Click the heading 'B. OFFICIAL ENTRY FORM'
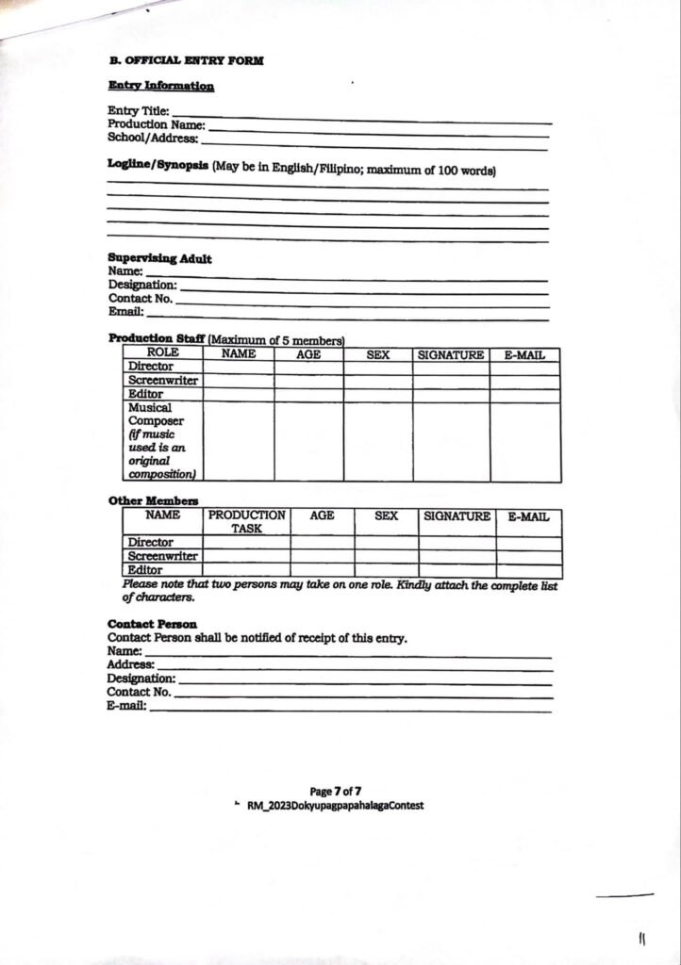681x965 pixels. tap(186, 60)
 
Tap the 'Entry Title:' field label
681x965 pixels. tap(138, 111)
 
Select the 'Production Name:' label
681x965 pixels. tap(156, 124)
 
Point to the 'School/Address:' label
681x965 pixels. tap(152, 138)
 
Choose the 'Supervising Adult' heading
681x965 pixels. tap(159, 258)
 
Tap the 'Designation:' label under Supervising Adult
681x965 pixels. tap(142, 285)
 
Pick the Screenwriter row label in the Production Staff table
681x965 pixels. tap(162, 381)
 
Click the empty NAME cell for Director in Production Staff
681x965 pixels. tap(238, 367)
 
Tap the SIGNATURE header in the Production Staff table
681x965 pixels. tap(451, 354)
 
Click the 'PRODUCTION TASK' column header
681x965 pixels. tap(246, 522)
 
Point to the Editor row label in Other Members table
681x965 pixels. tap(145, 570)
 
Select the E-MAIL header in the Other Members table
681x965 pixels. tap(528, 516)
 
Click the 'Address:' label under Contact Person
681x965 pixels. tap(130, 664)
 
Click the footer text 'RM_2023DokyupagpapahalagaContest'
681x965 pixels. tap(335, 806)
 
